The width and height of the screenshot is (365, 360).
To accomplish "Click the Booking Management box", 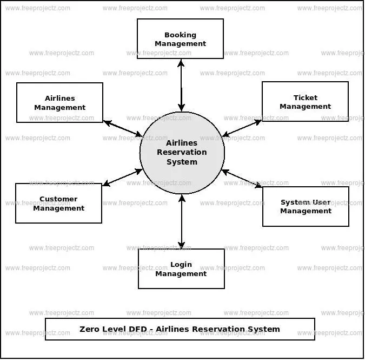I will point(180,39).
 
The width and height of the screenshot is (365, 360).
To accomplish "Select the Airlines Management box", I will point(59,102).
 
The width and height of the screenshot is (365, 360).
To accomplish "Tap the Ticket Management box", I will point(305,102).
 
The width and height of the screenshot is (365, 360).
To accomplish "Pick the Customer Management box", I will point(58,203).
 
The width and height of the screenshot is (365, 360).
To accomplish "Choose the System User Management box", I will point(306,206).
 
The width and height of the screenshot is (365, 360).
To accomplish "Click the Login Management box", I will point(181,269).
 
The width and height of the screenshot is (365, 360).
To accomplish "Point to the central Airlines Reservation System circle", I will point(182,153).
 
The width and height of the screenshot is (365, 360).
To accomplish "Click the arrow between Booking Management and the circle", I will point(181,85).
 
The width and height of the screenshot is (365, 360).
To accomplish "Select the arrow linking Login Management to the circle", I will point(182,221).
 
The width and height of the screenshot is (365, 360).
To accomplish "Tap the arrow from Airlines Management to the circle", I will point(123,128).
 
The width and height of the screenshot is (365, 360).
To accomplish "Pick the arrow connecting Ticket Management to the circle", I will point(242,128).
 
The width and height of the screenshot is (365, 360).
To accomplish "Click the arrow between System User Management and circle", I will point(242,179).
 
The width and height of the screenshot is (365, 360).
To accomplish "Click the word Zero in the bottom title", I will point(90,329).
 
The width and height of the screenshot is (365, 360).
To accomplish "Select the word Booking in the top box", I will point(180,35).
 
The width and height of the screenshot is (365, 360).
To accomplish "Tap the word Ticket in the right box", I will point(306,97).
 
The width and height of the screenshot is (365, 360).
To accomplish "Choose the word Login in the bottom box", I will point(181,265).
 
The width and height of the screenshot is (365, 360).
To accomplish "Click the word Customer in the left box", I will point(58,199).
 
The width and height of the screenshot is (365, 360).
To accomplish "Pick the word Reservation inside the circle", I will point(182,153).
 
